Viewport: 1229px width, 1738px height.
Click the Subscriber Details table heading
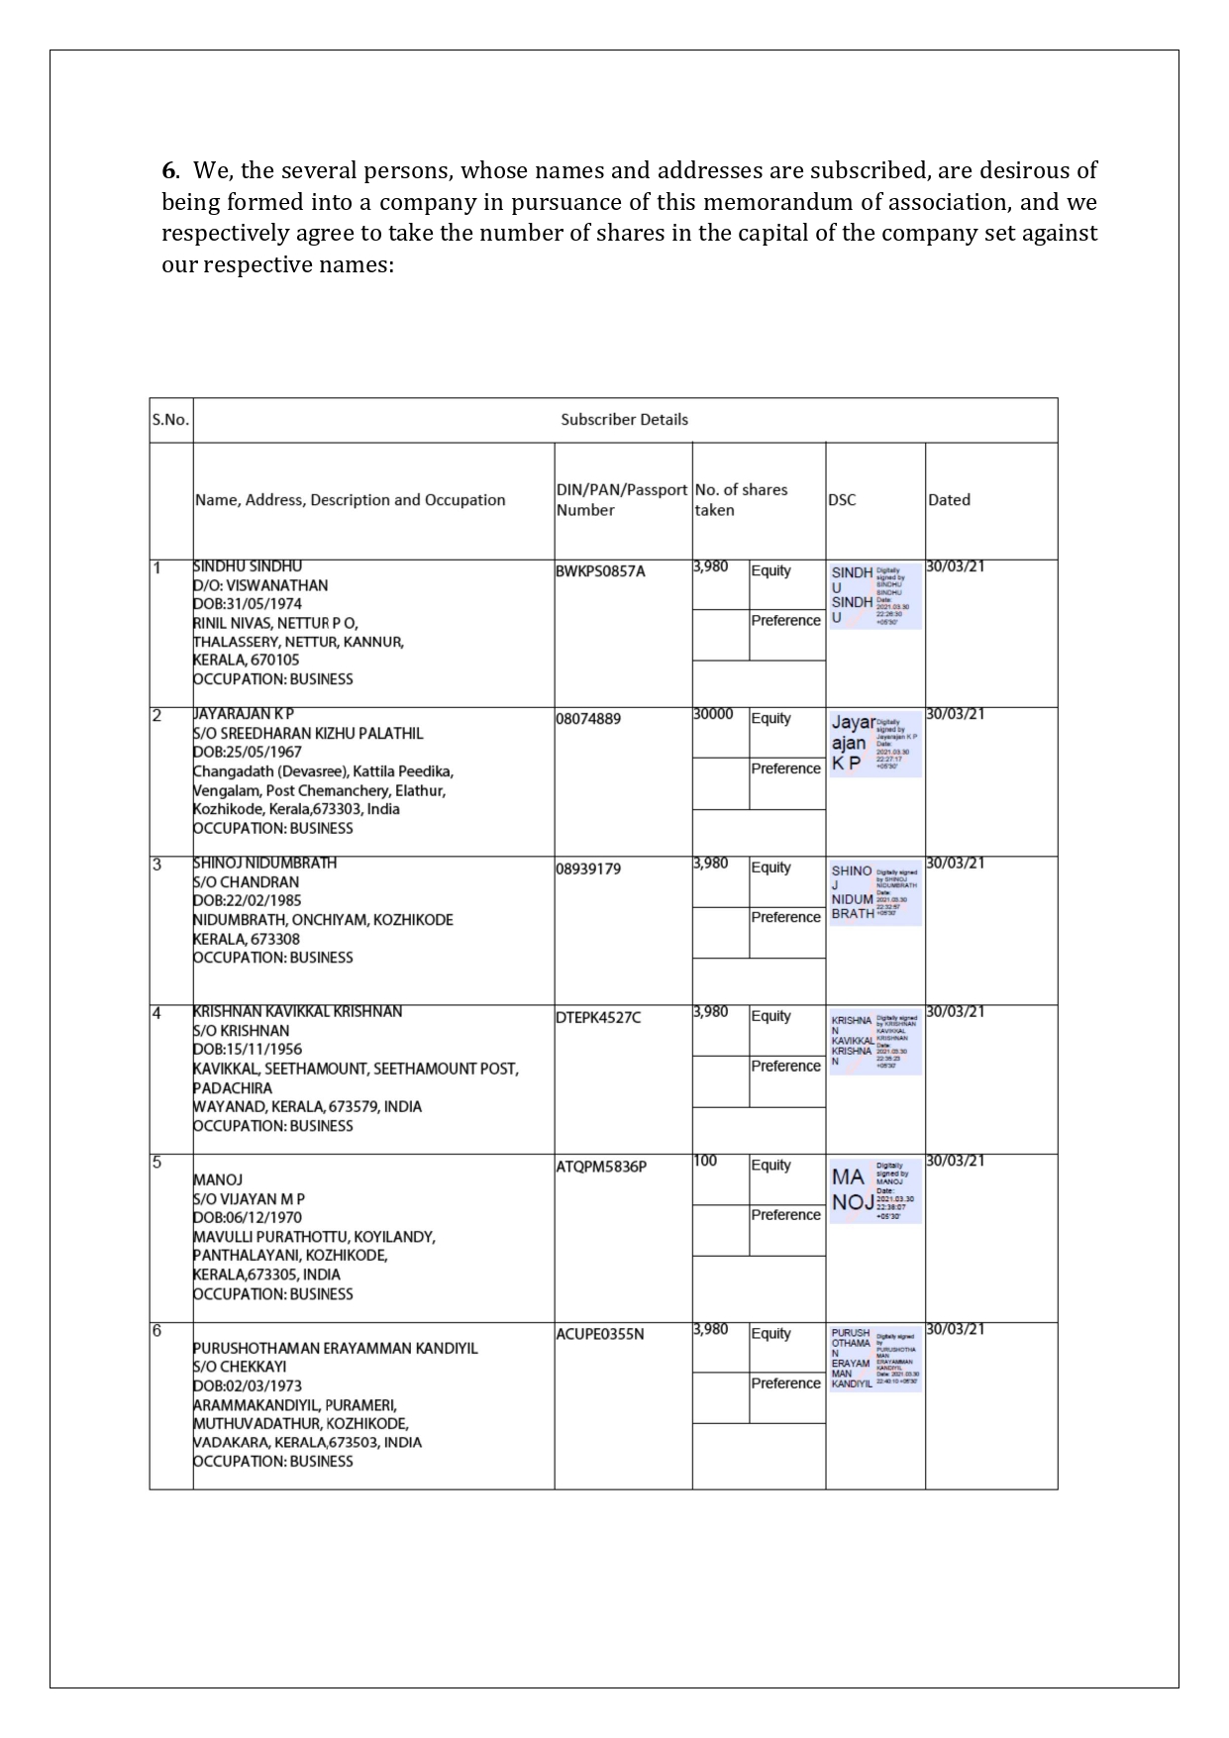click(x=624, y=420)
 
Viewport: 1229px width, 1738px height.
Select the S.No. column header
click(x=170, y=420)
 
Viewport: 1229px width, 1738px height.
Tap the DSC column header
click(x=842, y=500)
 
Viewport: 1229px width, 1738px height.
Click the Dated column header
click(x=949, y=500)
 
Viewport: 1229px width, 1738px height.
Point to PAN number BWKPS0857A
click(x=600, y=571)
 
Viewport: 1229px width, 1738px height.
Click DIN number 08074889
click(x=588, y=719)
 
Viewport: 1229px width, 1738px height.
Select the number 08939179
click(x=588, y=869)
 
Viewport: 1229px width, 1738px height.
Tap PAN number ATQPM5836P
click(x=601, y=1167)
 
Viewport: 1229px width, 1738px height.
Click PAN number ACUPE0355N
click(x=599, y=1335)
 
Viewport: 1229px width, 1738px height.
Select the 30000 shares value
click(x=713, y=714)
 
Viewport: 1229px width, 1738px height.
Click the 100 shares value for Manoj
click(x=705, y=1161)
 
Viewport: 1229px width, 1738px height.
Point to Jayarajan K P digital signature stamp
click(x=875, y=743)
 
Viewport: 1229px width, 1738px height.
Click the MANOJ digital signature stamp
click(x=875, y=1190)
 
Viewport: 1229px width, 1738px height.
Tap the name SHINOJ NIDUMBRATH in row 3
click(x=265, y=864)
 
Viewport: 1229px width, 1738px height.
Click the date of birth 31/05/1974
click(x=248, y=604)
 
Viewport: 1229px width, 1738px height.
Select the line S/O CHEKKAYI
click(x=240, y=1367)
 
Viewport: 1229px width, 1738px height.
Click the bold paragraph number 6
click(x=169, y=170)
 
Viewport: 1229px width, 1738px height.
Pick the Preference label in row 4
click(x=785, y=1067)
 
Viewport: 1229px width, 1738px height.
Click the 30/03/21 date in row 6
click(x=955, y=1329)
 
